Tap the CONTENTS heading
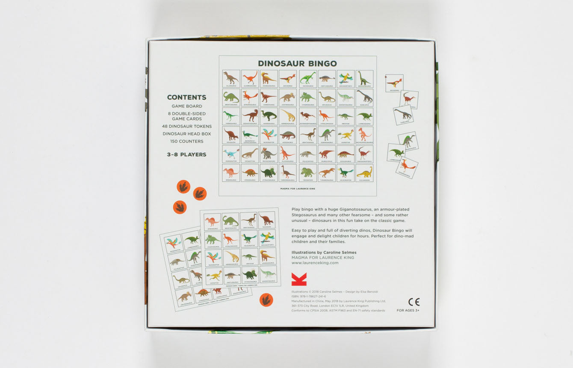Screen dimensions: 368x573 [186, 98]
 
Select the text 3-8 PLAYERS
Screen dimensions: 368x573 [186, 154]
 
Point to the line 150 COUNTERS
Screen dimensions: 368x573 [187, 141]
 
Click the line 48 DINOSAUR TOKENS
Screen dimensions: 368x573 [187, 126]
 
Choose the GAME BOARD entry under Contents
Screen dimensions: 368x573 [187, 106]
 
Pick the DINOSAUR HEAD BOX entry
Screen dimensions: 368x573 [187, 134]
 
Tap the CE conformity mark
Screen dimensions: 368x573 [414, 302]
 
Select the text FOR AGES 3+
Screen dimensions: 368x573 [408, 310]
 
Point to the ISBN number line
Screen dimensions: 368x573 [309, 296]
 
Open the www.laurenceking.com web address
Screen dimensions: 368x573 [315, 263]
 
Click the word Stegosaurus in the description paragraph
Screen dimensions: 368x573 [306, 215]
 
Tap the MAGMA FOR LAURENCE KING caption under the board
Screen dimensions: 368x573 [298, 188]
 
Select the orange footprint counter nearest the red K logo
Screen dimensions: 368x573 [266, 300]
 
